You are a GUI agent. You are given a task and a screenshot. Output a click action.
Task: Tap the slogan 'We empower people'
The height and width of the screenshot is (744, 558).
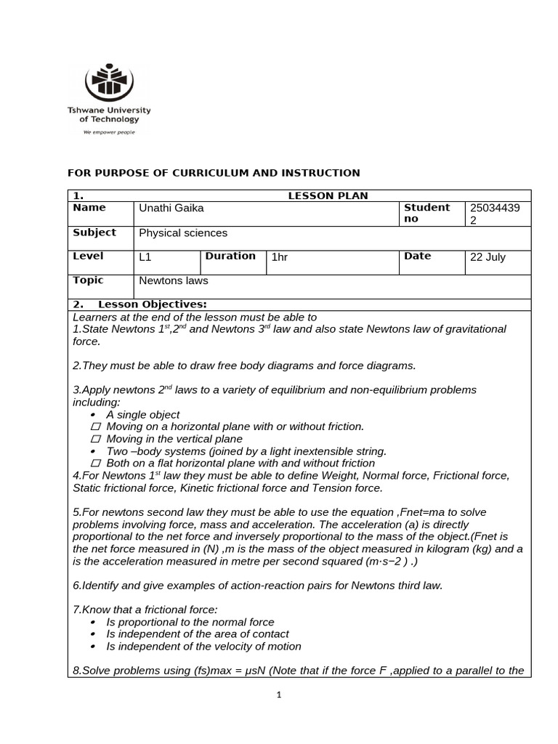click(109, 132)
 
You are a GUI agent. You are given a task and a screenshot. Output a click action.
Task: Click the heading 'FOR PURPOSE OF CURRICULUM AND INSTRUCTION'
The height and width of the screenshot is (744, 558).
click(214, 173)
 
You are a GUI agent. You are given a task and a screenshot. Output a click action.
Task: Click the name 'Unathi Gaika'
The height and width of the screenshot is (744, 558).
click(171, 209)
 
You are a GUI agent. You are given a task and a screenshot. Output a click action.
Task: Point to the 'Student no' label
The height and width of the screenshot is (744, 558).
click(426, 213)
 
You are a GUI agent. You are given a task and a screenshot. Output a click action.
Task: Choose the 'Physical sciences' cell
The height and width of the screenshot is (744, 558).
click(183, 233)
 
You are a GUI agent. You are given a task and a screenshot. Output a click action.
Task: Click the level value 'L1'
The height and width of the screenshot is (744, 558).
click(145, 257)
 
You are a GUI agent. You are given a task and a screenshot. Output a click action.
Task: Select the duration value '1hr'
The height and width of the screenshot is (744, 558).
click(280, 257)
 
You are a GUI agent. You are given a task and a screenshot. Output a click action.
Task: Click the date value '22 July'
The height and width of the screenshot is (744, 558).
click(488, 257)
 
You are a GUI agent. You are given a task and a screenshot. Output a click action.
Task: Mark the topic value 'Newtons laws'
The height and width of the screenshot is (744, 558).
click(174, 280)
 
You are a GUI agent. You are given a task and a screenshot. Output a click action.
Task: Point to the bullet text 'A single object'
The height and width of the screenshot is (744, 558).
click(143, 414)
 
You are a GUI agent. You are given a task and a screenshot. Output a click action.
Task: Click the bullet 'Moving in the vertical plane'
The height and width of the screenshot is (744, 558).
click(174, 439)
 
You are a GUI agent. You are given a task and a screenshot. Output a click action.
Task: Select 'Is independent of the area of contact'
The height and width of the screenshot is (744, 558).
click(198, 634)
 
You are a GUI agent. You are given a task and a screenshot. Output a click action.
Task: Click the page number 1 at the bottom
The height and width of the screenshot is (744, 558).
click(278, 695)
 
